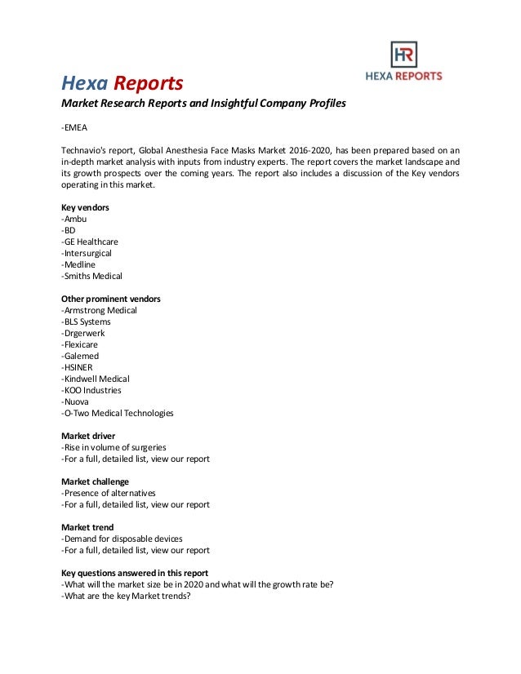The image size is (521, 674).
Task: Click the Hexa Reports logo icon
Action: (403, 55)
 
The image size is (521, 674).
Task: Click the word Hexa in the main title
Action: (85, 83)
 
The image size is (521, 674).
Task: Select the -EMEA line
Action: (73, 128)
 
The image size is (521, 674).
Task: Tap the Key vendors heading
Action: (85, 208)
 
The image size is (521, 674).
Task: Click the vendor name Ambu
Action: (74, 219)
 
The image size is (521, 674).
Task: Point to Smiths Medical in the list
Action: (91, 277)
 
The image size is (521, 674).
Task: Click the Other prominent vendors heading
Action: (111, 299)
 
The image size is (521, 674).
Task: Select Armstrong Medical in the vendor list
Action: (100, 311)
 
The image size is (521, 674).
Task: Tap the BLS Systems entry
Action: (86, 322)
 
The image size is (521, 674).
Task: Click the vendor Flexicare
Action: (81, 345)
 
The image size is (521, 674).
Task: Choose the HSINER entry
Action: (79, 368)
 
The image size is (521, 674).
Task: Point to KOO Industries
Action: (91, 391)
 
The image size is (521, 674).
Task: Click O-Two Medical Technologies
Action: (118, 414)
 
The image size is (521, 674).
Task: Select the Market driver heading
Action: (88, 436)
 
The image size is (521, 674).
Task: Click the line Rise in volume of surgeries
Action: (114, 447)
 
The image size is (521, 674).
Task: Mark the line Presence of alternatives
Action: (109, 493)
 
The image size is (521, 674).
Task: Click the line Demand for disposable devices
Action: (122, 539)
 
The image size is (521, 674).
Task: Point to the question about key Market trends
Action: (126, 596)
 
